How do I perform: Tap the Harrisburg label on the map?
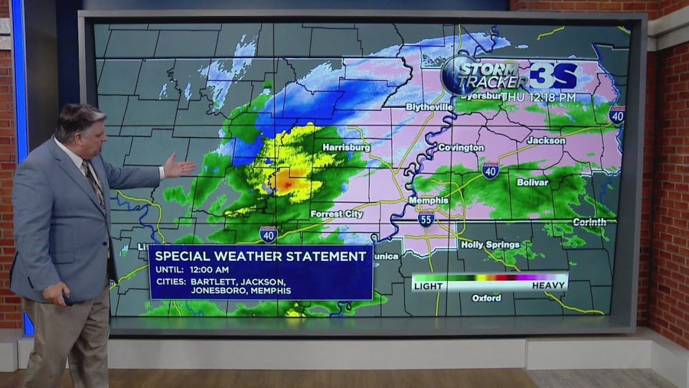pyautogui.click(x=346, y=147)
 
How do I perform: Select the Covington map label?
pyautogui.click(x=461, y=148)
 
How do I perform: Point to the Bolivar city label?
pyautogui.click(x=532, y=183)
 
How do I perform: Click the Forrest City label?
pyautogui.click(x=336, y=214)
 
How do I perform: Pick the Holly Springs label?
pyautogui.click(x=490, y=245)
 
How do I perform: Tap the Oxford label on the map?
pyautogui.click(x=486, y=298)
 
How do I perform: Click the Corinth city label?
pyautogui.click(x=590, y=222)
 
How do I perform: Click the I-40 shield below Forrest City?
pyautogui.click(x=268, y=233)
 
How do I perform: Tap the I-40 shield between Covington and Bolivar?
pyautogui.click(x=490, y=170)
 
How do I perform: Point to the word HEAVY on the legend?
pyautogui.click(x=548, y=285)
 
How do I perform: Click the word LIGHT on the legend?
pyautogui.click(x=428, y=285)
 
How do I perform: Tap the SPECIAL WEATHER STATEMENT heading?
pyautogui.click(x=261, y=256)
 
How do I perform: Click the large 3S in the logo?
pyautogui.click(x=554, y=76)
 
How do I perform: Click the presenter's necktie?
pyautogui.click(x=94, y=185)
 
